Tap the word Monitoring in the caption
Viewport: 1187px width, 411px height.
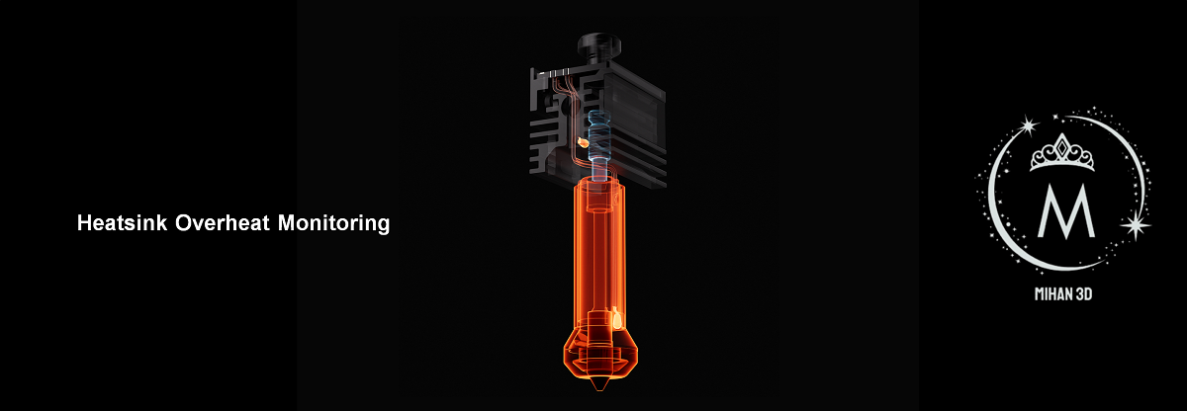coord(333,223)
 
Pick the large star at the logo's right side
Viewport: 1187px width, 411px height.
coord(1136,225)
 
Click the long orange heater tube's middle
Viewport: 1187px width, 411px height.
coord(599,257)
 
